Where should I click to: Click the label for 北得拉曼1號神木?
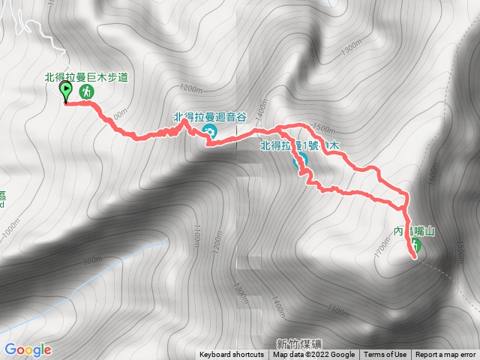point(300,145)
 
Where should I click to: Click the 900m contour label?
point(92,260)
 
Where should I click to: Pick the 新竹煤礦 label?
point(298,343)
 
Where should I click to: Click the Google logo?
point(28,349)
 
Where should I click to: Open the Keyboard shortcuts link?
point(231,355)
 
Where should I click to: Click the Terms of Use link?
point(385,355)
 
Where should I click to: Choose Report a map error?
point(446,355)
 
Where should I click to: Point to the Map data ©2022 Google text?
point(313,355)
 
